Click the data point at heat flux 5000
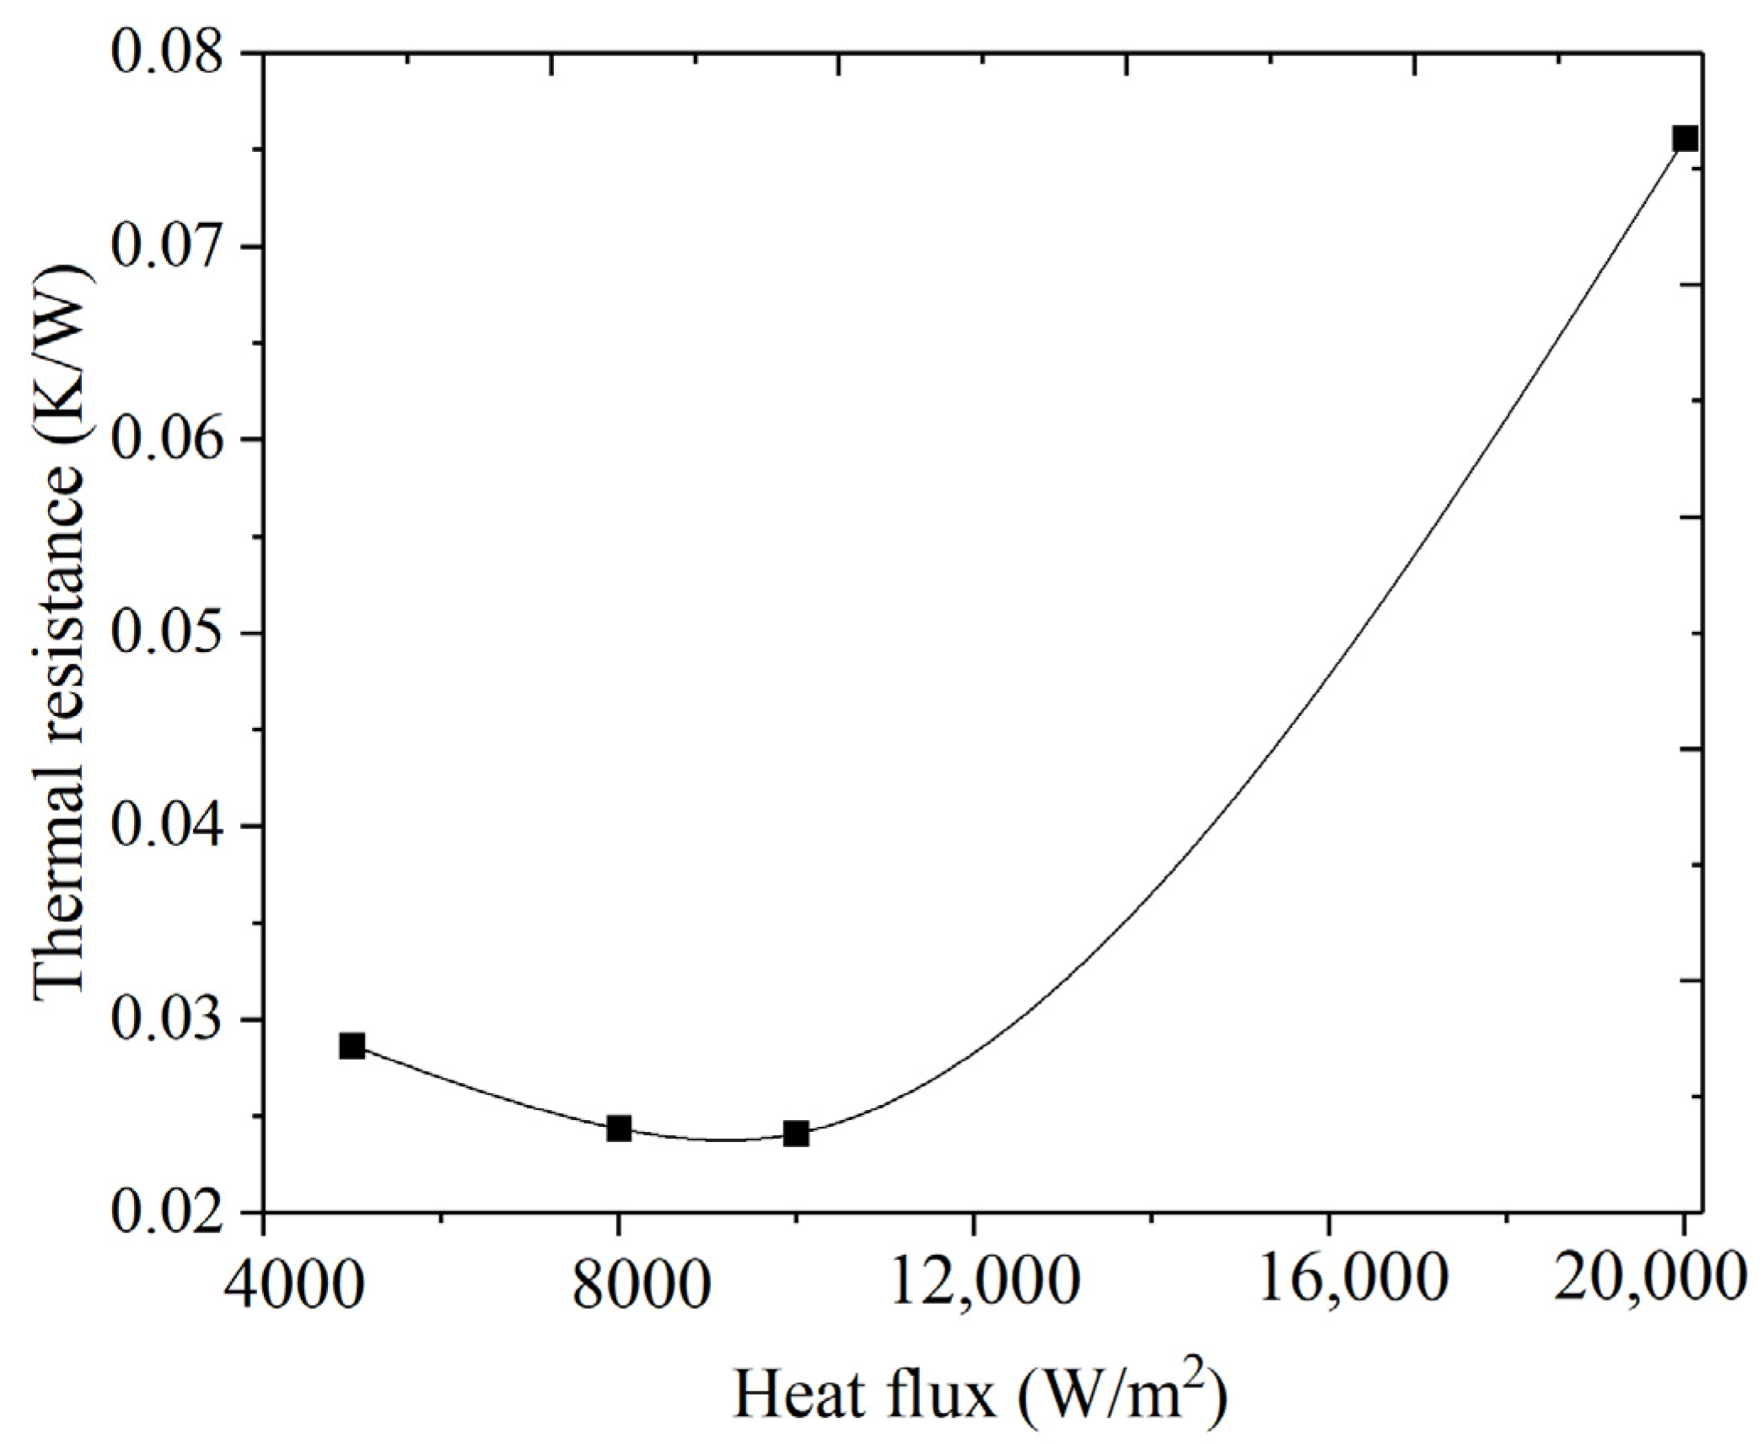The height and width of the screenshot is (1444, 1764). (x=352, y=1046)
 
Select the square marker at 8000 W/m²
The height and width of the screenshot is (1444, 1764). (x=619, y=1128)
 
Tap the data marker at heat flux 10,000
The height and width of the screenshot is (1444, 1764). (x=796, y=1134)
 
